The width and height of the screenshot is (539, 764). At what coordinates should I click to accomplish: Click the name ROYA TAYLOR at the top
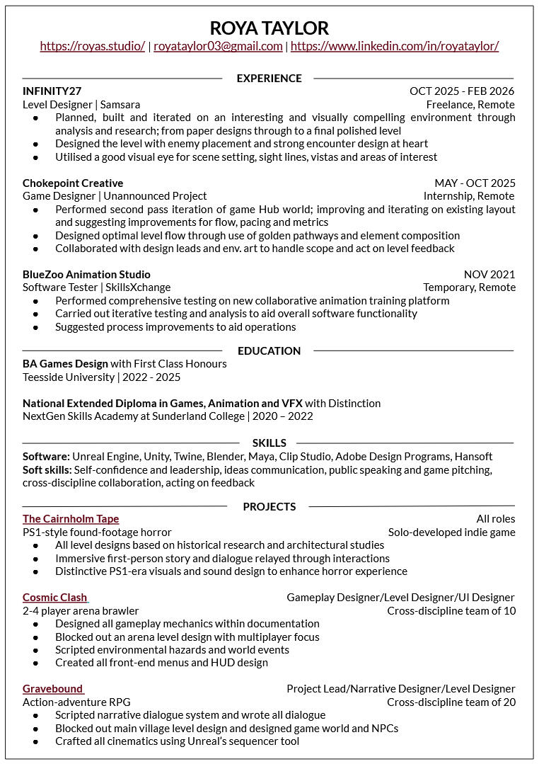[269, 28]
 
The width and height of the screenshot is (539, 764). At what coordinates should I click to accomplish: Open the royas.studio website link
[92, 46]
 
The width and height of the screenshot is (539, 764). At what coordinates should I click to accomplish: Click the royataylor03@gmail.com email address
[218, 46]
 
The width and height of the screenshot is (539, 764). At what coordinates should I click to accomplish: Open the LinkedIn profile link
[394, 46]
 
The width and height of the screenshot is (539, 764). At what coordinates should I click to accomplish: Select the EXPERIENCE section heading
[269, 78]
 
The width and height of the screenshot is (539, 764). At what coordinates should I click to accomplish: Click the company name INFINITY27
[52, 91]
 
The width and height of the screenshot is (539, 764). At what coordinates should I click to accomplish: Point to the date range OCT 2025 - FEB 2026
[461, 91]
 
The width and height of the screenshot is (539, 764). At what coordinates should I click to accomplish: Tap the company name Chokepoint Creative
[73, 183]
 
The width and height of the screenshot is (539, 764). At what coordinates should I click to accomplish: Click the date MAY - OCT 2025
[475, 183]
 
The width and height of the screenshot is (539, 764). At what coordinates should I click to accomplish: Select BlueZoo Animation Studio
[86, 275]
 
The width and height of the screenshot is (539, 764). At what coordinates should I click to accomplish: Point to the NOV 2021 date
[489, 275]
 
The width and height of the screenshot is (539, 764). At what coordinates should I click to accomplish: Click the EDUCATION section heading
[269, 350]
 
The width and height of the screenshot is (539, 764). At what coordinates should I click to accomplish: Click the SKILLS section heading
[269, 443]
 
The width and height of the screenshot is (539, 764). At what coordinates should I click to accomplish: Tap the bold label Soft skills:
[47, 470]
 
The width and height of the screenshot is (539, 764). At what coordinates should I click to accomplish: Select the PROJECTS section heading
[269, 506]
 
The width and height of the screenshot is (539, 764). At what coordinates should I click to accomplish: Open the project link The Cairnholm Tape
[71, 520]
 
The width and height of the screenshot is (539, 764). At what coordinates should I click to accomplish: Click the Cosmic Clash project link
[55, 598]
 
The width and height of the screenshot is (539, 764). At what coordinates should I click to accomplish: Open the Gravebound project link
[52, 689]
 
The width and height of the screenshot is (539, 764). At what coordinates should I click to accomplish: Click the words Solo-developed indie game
[451, 532]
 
